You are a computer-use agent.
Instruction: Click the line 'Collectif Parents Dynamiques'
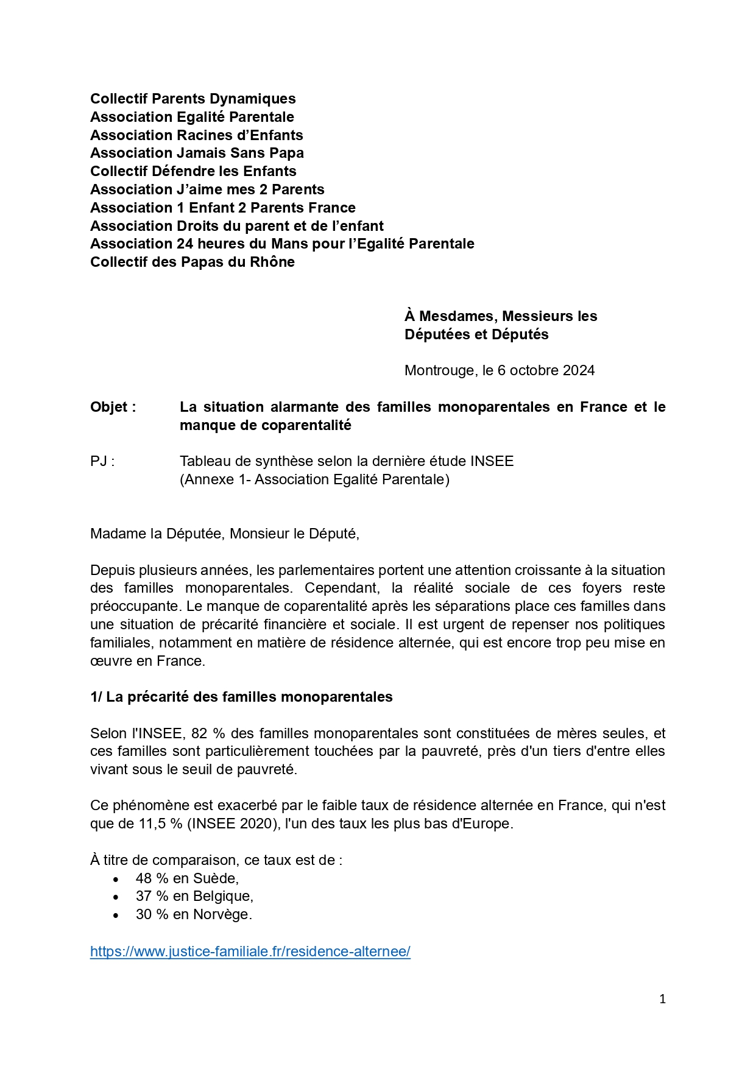[193, 99]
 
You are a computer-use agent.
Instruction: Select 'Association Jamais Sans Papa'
[197, 153]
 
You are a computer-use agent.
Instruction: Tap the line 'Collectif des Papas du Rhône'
[193, 262]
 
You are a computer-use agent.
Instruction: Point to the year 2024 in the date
[579, 370]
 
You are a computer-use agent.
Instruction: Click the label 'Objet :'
[113, 407]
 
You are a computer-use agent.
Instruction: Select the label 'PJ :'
[102, 461]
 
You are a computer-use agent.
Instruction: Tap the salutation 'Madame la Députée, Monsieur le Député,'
[225, 534]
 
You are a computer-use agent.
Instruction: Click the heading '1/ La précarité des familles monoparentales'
[241, 697]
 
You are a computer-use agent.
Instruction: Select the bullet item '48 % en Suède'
[187, 878]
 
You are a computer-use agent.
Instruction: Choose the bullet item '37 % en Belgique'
[194, 896]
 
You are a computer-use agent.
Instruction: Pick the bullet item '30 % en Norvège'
[194, 914]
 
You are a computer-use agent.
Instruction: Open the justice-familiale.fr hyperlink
[250, 951]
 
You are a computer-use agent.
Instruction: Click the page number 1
[663, 999]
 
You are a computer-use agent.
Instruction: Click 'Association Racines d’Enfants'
[196, 135]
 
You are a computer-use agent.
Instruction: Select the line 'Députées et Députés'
[476, 334]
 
